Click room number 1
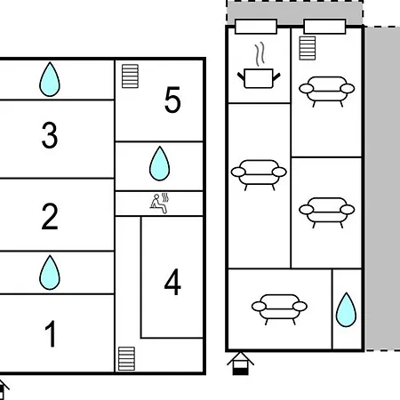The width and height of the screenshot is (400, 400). click(51, 334)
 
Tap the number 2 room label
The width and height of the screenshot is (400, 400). click(50, 216)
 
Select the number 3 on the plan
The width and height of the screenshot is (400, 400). click(50, 135)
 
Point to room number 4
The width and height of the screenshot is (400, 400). click(172, 282)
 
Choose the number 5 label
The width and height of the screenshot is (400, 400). click(172, 100)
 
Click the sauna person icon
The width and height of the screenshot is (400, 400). click(160, 204)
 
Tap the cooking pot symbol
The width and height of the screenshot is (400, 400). click(259, 78)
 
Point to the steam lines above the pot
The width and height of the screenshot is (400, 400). click(260, 54)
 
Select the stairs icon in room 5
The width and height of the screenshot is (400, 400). click(130, 76)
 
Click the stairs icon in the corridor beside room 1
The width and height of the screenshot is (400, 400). click(126, 358)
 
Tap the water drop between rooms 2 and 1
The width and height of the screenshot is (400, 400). click(50, 272)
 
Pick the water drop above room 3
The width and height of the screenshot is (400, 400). click(50, 79)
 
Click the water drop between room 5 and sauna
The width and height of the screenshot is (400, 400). click(160, 164)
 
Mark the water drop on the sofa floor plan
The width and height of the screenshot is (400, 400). click(346, 309)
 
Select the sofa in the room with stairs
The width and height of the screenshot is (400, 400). click(327, 92)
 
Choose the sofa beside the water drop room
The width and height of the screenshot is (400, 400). click(279, 309)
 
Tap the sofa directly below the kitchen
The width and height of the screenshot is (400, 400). click(259, 175)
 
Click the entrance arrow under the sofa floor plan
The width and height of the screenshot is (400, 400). click(241, 364)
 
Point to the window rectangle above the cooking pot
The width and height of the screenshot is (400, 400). click(256, 27)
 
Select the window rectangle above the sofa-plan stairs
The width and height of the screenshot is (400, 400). click(325, 27)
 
